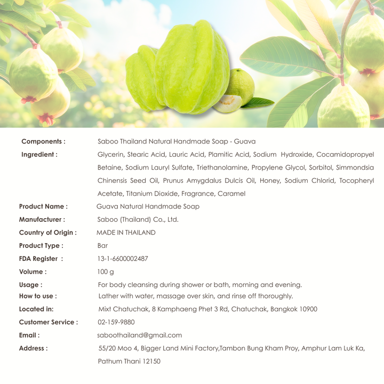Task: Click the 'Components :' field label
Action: click(43, 142)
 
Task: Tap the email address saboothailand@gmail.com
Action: click(140, 335)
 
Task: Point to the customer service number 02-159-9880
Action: click(116, 322)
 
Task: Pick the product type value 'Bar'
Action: click(102, 246)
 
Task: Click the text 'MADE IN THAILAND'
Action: click(126, 233)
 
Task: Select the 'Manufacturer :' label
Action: click(42, 219)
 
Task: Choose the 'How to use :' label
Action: click(38, 296)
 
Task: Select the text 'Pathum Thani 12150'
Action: click(129, 362)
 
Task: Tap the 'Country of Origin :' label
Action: click(47, 233)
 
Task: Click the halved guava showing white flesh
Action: click(227, 103)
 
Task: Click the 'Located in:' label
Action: click(36, 309)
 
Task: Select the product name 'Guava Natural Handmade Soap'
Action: click(148, 206)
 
